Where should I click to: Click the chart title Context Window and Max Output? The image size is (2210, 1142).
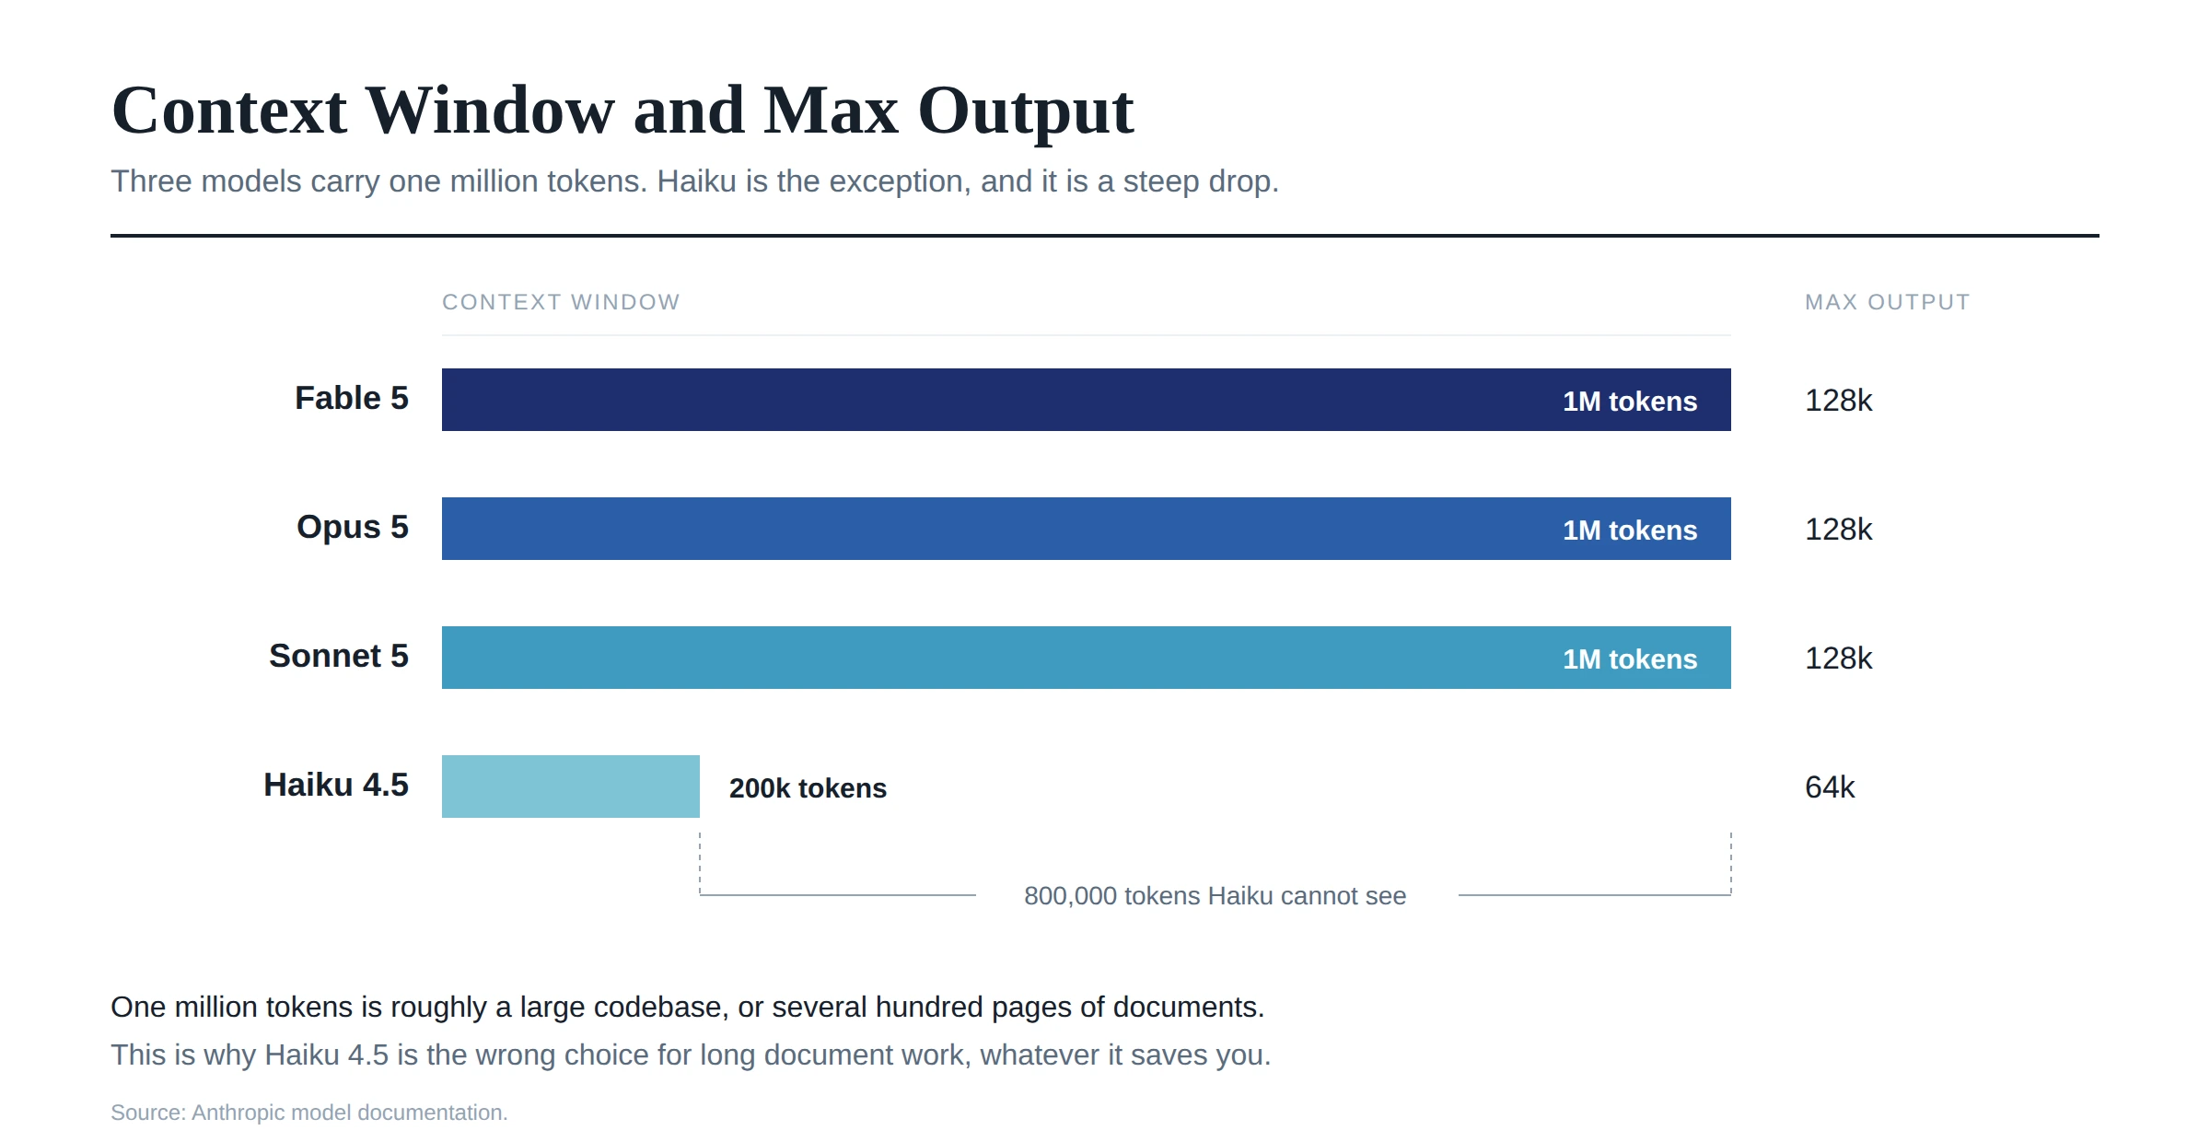pyautogui.click(x=622, y=111)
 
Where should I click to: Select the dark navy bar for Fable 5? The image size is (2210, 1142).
pyautogui.click(x=1087, y=400)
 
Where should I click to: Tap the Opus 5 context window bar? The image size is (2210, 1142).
pyautogui.click(x=1087, y=529)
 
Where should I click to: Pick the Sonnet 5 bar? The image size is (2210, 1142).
pyautogui.click(x=1087, y=658)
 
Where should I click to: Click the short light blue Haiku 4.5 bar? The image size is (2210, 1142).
pyautogui.click(x=571, y=787)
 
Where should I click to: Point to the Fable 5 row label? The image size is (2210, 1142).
pyautogui.click(x=352, y=398)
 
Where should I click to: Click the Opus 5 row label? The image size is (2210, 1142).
pyautogui.click(x=353, y=528)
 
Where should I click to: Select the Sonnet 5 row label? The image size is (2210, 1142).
pyautogui.click(x=339, y=656)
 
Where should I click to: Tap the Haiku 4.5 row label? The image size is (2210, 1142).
pyautogui.click(x=336, y=785)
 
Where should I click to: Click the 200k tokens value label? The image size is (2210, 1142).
pyautogui.click(x=808, y=788)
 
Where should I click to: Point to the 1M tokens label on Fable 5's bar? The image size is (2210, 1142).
pyautogui.click(x=1630, y=402)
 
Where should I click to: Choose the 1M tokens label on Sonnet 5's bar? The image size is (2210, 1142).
pyautogui.click(x=1630, y=659)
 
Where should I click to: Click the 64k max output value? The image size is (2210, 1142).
pyautogui.click(x=1830, y=787)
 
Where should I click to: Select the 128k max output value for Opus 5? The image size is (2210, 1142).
pyautogui.click(x=1839, y=530)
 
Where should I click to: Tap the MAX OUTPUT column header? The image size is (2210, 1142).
pyautogui.click(x=1888, y=302)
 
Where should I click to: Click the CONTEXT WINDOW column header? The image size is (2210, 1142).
pyautogui.click(x=561, y=302)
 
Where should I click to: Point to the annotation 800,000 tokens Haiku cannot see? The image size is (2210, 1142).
pyautogui.click(x=1215, y=896)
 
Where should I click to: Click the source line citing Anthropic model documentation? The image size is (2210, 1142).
pyautogui.click(x=309, y=1113)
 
